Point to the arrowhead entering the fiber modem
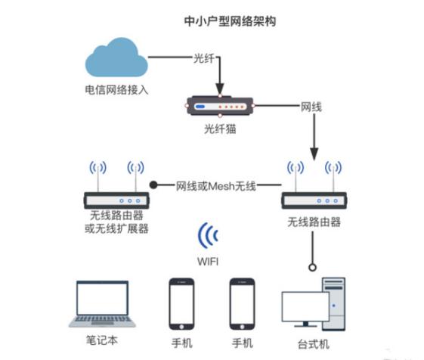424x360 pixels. (x=220, y=88)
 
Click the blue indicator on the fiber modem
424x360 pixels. (x=201, y=107)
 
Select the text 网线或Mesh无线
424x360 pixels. (x=215, y=185)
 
